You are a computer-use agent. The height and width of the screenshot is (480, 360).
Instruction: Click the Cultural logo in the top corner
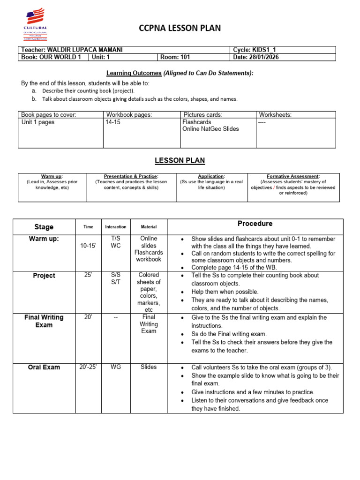(35, 24)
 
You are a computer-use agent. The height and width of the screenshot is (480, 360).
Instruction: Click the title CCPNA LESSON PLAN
(180, 29)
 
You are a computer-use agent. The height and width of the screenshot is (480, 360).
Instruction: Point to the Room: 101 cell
(175, 57)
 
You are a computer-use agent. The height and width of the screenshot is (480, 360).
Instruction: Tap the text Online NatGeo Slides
(210, 129)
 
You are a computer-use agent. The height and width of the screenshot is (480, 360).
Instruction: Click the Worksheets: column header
(275, 114)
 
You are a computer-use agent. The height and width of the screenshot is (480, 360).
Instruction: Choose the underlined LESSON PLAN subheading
(180, 160)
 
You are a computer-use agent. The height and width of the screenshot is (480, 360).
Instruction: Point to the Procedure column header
(255, 224)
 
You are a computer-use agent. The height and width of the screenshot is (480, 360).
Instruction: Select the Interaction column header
(116, 227)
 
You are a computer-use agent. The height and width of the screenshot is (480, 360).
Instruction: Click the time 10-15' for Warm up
(88, 246)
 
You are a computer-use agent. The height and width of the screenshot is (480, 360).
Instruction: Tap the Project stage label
(44, 276)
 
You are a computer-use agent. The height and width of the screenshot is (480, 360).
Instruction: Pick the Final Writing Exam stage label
(44, 321)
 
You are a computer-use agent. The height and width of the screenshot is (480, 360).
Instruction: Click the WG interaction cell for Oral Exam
(115, 367)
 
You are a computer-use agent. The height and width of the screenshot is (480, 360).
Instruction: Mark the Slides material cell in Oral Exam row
(148, 367)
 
